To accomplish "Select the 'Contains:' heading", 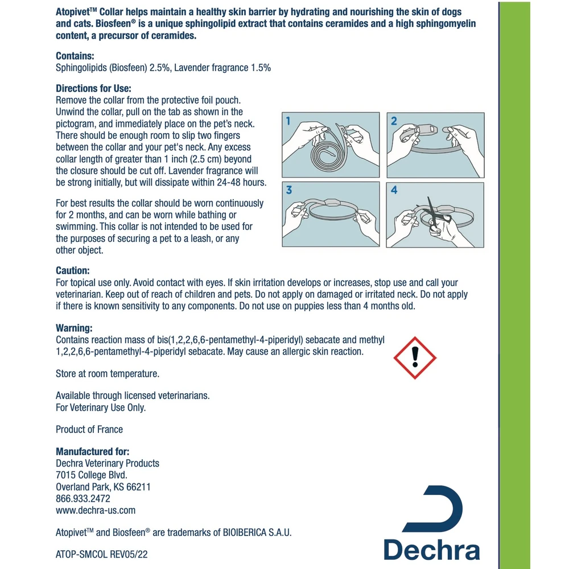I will [x=75, y=56].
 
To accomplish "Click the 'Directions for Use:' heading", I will [x=93, y=89].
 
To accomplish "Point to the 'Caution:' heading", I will [x=73, y=271].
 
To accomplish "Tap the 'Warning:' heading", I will [x=74, y=328].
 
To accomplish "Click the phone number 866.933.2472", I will [x=83, y=498].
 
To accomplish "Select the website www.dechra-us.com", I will [x=96, y=510].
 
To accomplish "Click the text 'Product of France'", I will [x=89, y=429].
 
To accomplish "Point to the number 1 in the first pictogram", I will [x=289, y=121].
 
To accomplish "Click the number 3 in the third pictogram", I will [x=289, y=190].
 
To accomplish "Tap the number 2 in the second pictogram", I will [x=394, y=121].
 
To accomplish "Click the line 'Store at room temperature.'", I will [x=108, y=374].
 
